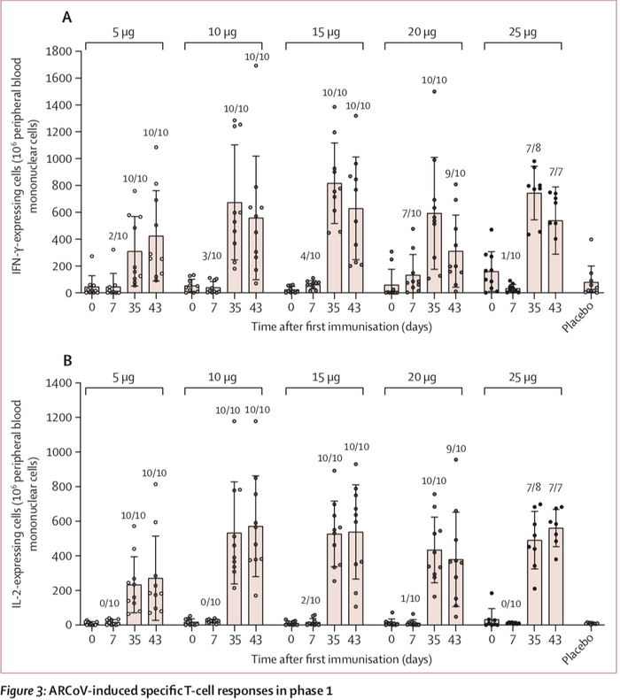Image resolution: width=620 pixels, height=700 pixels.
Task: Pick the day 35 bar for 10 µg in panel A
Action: [235, 247]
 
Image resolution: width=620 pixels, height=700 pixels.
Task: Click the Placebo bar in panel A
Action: [590, 287]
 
